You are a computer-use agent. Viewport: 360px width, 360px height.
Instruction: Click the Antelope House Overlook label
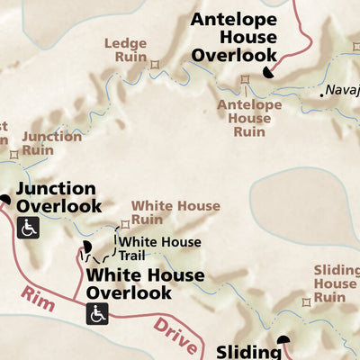click(234, 37)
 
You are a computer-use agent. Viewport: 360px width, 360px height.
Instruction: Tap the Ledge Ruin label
click(125, 49)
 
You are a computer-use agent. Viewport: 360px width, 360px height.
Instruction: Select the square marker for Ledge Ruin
click(154, 64)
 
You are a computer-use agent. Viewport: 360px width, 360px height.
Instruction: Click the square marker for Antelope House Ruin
click(244, 79)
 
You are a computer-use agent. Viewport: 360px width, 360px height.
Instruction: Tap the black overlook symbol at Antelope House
click(269, 73)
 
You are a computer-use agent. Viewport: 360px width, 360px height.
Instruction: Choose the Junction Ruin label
click(50, 145)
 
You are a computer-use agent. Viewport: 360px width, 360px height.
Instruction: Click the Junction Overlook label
click(58, 197)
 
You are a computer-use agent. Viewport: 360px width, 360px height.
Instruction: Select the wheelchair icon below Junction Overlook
click(27, 228)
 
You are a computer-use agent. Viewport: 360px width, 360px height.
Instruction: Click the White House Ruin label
click(175, 212)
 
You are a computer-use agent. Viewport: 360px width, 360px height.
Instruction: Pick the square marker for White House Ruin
click(125, 224)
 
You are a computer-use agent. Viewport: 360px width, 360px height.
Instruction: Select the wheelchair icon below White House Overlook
click(96, 313)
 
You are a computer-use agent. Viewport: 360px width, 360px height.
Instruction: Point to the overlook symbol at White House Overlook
click(87, 246)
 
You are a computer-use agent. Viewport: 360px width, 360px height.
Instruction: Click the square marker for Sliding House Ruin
click(308, 303)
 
